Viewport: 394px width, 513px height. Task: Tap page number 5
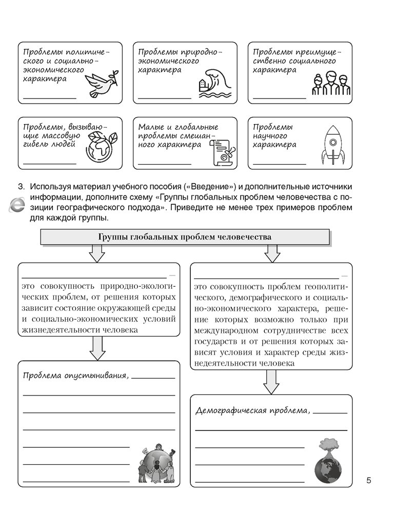tap(368, 481)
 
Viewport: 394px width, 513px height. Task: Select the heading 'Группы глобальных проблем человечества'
tap(184, 237)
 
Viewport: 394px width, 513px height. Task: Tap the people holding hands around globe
tap(156, 466)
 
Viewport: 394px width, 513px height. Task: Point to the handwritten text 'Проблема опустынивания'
tap(75, 376)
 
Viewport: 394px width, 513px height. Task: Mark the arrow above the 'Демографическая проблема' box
tap(271, 382)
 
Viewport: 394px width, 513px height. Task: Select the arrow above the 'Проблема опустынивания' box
tap(97, 348)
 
